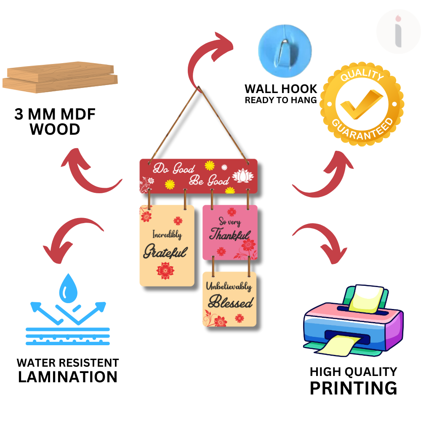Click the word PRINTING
click(353, 388)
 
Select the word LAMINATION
click(68, 377)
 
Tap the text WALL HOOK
click(281, 89)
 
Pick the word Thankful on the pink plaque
click(230, 234)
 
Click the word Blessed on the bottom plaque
click(231, 302)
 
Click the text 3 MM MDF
click(55, 115)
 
